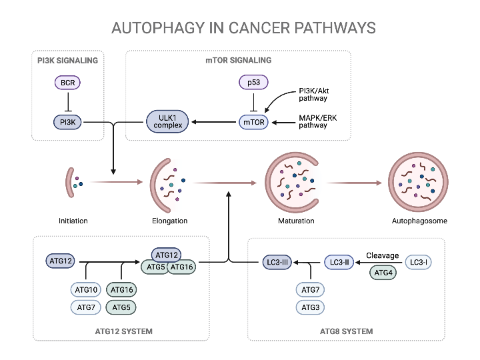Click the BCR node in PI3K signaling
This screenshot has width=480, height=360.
click(x=67, y=83)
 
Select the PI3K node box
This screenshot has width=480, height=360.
click(x=67, y=122)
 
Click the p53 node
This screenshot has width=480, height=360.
click(x=253, y=83)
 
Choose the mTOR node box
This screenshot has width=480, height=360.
click(x=253, y=122)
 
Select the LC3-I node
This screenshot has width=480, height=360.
click(x=418, y=263)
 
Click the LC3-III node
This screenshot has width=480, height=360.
click(x=276, y=263)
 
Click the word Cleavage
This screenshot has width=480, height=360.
click(x=383, y=255)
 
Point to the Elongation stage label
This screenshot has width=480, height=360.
click(x=169, y=221)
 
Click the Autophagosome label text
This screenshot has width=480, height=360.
click(x=419, y=221)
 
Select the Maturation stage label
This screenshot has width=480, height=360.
click(x=296, y=221)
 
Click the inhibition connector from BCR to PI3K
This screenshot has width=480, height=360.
click(x=67, y=103)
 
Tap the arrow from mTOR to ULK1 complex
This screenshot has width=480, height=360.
click(x=213, y=122)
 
